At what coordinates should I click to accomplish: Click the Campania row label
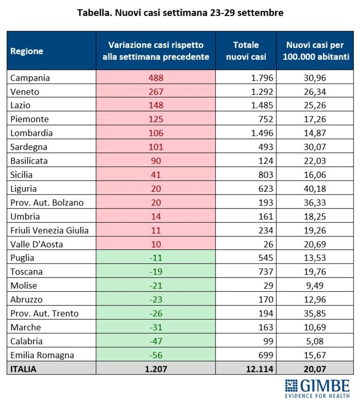point(30,78)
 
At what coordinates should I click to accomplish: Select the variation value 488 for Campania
point(156,78)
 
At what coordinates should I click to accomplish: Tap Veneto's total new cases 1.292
point(262,92)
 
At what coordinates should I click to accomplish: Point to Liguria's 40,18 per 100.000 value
point(315,189)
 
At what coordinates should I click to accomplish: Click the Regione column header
point(27,51)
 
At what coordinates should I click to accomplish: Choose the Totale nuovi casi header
point(246,51)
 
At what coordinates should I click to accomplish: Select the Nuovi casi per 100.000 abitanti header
point(316,51)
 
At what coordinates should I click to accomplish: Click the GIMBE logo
point(317,388)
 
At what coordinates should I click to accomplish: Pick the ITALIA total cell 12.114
point(260,369)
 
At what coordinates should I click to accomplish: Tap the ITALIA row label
point(23,369)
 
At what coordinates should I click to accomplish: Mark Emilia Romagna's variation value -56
point(156,355)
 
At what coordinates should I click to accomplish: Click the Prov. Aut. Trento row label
point(44,313)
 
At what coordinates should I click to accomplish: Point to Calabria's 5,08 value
point(315,341)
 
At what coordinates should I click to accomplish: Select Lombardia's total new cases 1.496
point(262,133)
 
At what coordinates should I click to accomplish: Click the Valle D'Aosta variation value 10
point(156,244)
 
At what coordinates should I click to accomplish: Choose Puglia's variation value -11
point(156,258)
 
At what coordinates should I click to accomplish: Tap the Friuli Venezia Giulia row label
point(49,231)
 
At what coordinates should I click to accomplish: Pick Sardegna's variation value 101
point(156,147)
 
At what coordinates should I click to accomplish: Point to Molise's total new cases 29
point(268,285)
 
